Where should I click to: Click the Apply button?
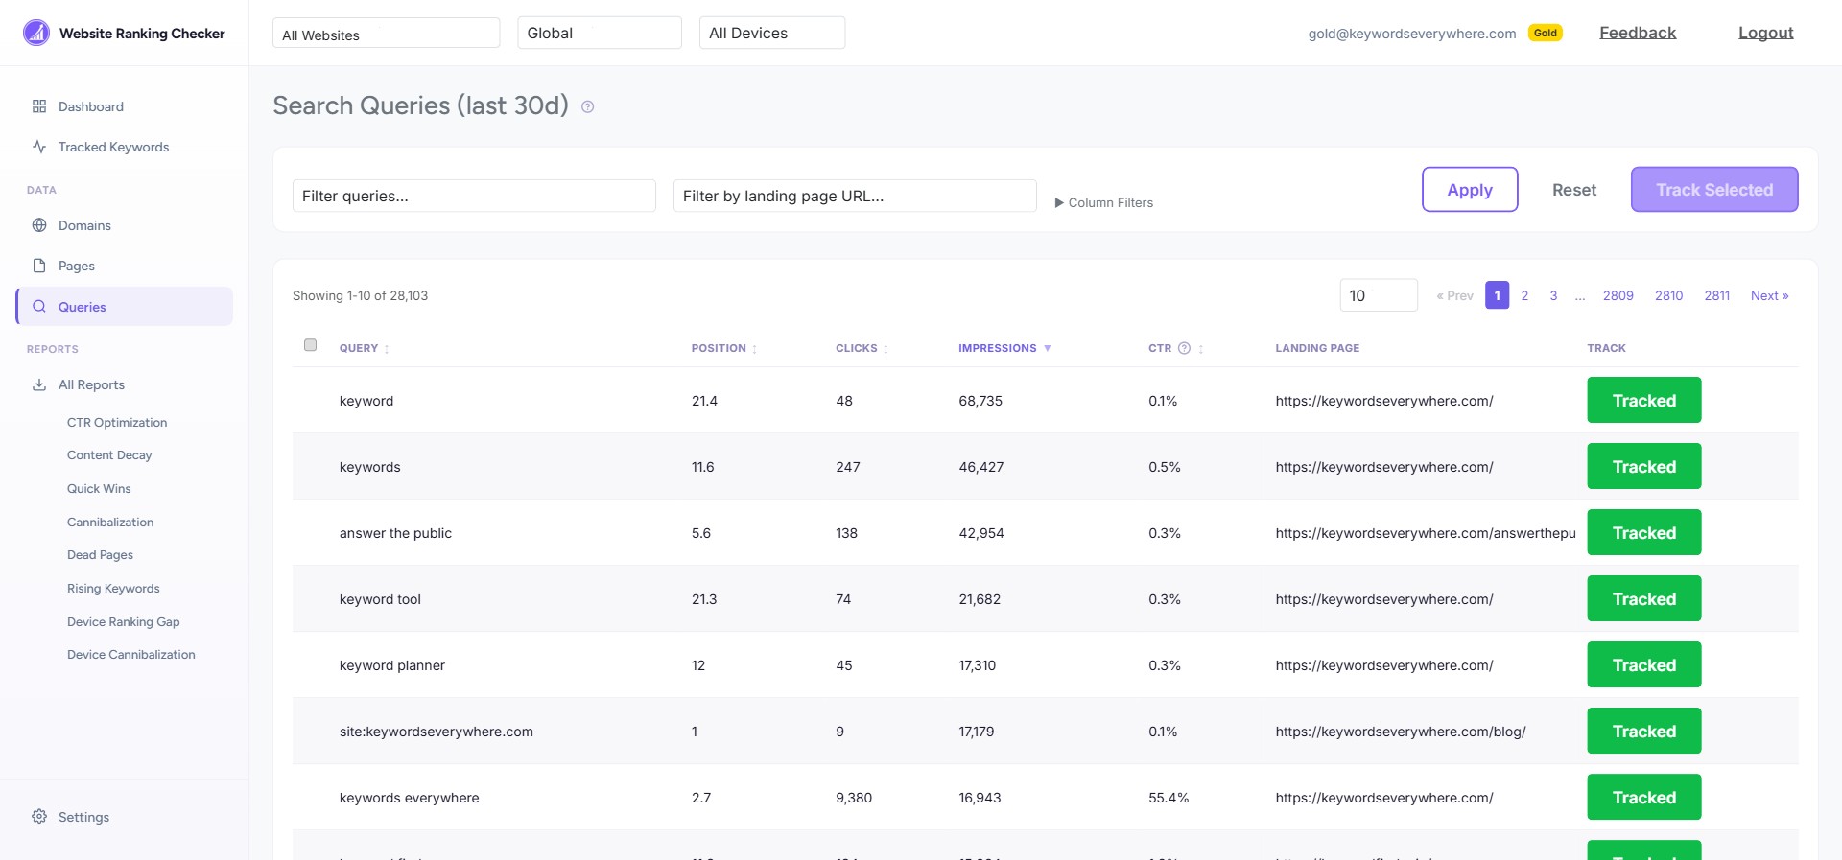pyautogui.click(x=1469, y=189)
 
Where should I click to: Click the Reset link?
pyautogui.click(x=1573, y=190)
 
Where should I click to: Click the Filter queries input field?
pyautogui.click(x=474, y=196)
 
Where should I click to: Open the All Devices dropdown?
pyautogui.click(x=771, y=33)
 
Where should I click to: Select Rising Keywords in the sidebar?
pyautogui.click(x=113, y=589)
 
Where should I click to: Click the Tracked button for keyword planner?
pyautogui.click(x=1643, y=664)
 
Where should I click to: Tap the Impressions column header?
pyautogui.click(x=998, y=348)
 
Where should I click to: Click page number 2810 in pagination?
pyautogui.click(x=1668, y=295)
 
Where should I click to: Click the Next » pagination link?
pyautogui.click(x=1769, y=295)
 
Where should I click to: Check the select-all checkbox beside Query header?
pyautogui.click(x=310, y=345)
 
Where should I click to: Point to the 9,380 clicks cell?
pyautogui.click(x=853, y=798)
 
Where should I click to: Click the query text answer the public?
pyautogui.click(x=395, y=533)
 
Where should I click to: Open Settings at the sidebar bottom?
pyautogui.click(x=83, y=817)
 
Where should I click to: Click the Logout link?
pyautogui.click(x=1765, y=33)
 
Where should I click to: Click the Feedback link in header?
pyautogui.click(x=1637, y=33)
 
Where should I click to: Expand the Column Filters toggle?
pyautogui.click(x=1103, y=202)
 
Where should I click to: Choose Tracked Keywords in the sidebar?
pyautogui.click(x=113, y=147)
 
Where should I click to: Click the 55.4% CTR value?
pyautogui.click(x=1168, y=798)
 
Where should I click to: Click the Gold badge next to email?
pyautogui.click(x=1545, y=33)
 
